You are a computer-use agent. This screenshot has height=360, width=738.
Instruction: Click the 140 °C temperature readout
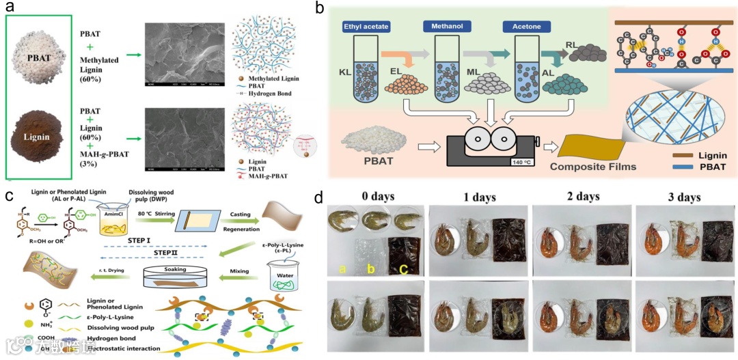(519, 161)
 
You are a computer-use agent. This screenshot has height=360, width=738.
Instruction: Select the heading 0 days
(374, 197)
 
